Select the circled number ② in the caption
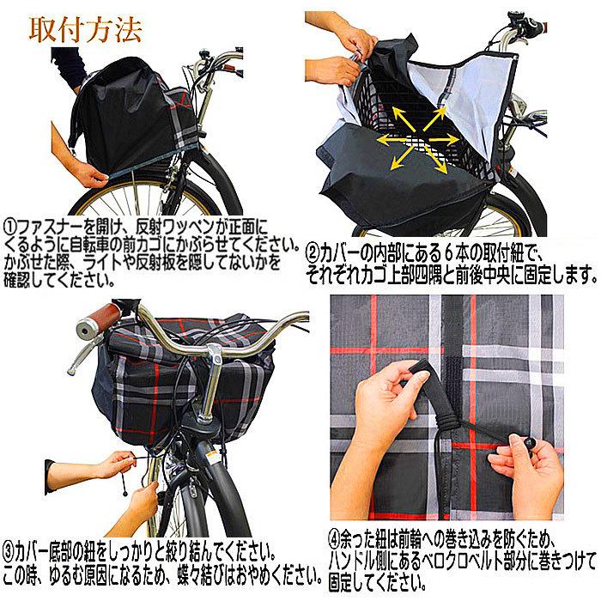tap(312, 253)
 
